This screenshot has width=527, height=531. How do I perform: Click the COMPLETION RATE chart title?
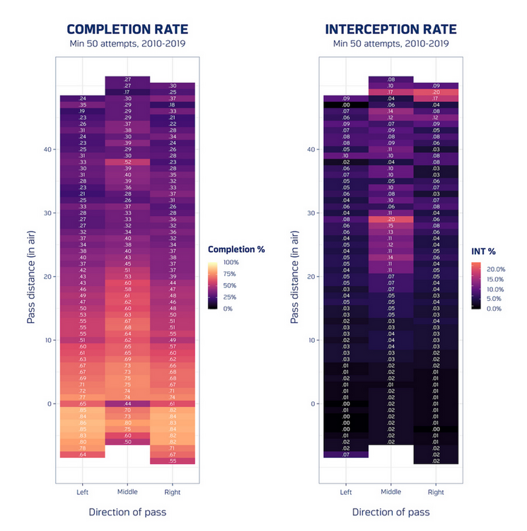127,30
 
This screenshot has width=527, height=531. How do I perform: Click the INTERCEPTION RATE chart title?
390,30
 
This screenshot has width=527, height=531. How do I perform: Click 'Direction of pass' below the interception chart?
390,512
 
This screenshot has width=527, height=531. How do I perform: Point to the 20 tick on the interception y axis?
313,276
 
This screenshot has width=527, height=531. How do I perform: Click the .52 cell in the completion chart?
127,162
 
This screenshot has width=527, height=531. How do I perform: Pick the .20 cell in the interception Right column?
436,92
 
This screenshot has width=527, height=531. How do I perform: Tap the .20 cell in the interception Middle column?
390,219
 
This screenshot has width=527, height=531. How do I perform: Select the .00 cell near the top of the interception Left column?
346,105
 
